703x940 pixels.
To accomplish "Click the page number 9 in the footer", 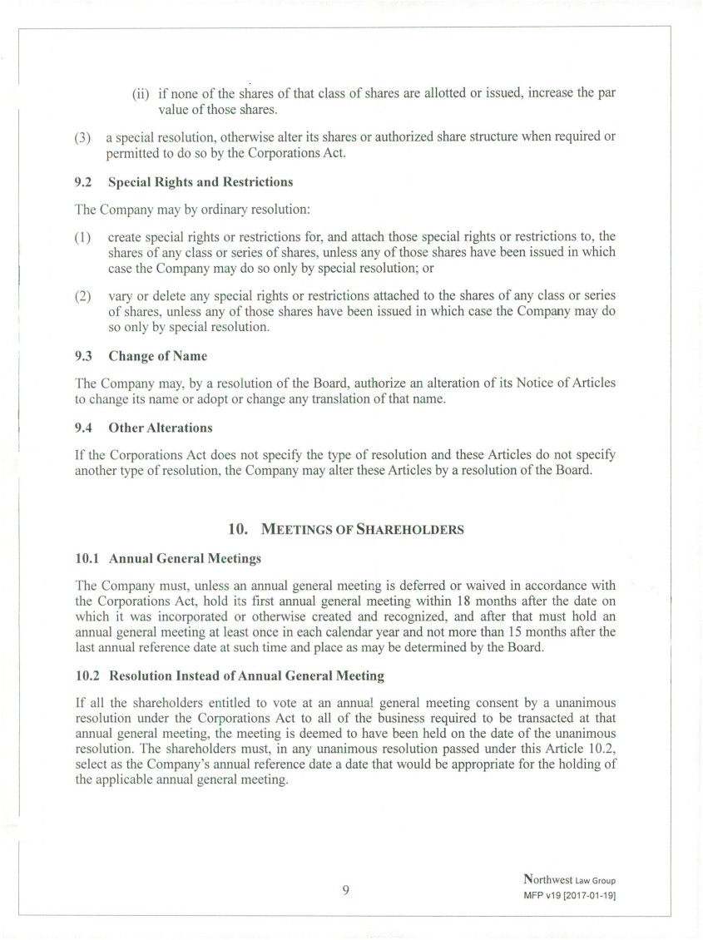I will tap(345, 889).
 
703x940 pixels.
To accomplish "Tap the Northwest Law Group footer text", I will tap(569, 879).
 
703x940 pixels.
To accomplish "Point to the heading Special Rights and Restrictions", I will tap(201, 181).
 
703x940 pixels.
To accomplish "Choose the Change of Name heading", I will tap(157, 356).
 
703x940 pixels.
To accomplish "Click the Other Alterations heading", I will tap(160, 428).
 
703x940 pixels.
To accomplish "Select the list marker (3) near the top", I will tap(83, 136).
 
